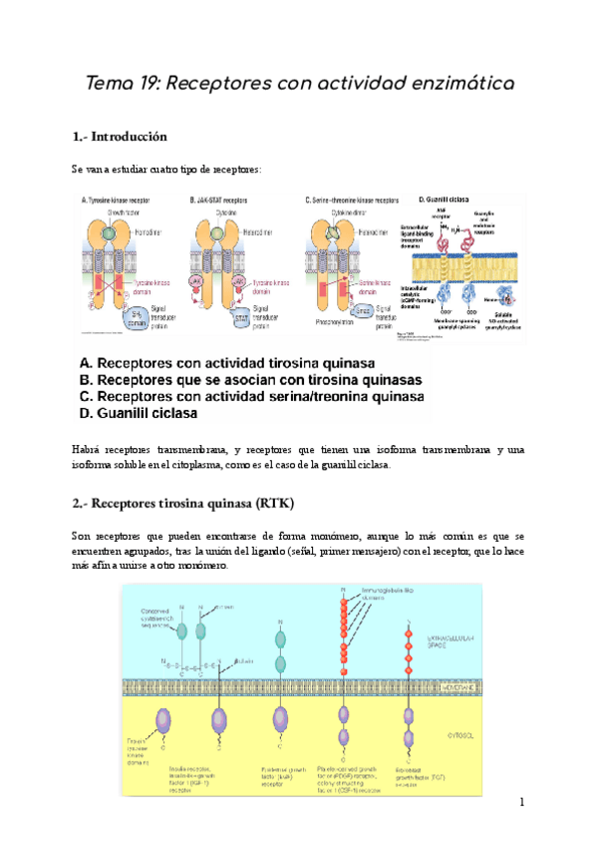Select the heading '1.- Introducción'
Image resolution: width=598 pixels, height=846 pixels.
click(x=119, y=136)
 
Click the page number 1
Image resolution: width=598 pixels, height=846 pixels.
click(x=521, y=803)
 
